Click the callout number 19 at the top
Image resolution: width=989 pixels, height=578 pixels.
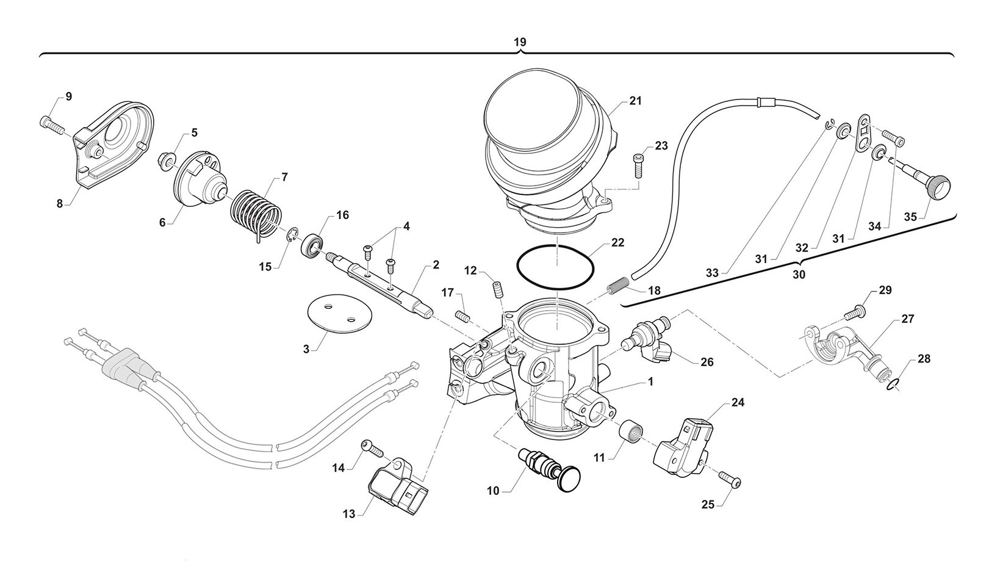click(x=520, y=42)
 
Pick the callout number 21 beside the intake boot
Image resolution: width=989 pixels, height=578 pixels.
click(x=636, y=101)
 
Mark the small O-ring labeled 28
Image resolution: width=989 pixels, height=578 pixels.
click(x=892, y=383)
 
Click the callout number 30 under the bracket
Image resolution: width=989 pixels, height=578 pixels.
click(x=798, y=275)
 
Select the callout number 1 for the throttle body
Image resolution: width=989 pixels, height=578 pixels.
click(x=650, y=381)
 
